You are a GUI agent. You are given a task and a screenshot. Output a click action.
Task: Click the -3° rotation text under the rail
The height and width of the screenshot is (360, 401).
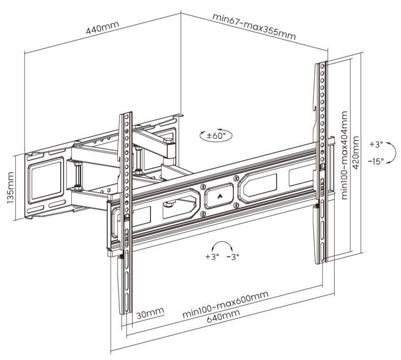tap(233, 256)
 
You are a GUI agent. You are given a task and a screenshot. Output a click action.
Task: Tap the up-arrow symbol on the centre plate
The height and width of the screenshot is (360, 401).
tap(219, 196)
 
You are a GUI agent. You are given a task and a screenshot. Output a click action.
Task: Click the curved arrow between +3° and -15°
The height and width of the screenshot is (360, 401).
tap(392, 152)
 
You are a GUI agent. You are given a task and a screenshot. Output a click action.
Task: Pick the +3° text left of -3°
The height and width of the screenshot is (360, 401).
tap(212, 256)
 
